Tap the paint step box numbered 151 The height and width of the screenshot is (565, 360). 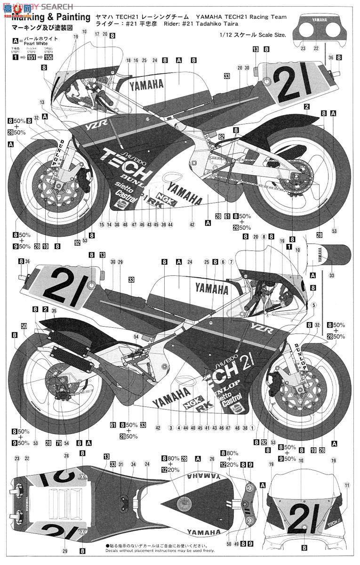tap(32, 57)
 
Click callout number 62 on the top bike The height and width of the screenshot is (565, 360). tap(221, 137)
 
